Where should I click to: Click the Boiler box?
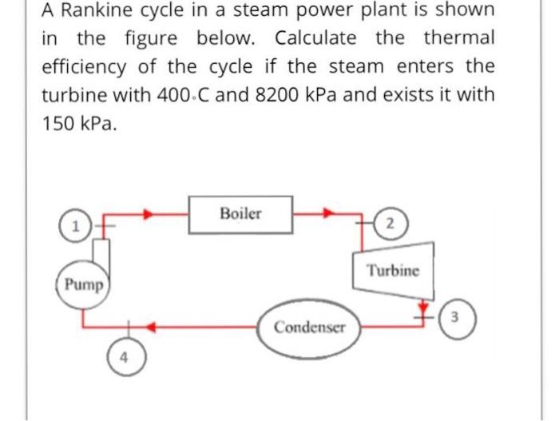(240, 214)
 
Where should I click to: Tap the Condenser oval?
(309, 328)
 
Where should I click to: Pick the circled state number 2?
(388, 223)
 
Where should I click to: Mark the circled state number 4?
(125, 357)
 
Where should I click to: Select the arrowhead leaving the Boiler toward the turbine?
(328, 214)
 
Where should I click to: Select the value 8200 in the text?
(285, 94)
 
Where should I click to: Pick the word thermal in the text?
(459, 39)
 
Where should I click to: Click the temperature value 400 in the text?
(178, 94)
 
